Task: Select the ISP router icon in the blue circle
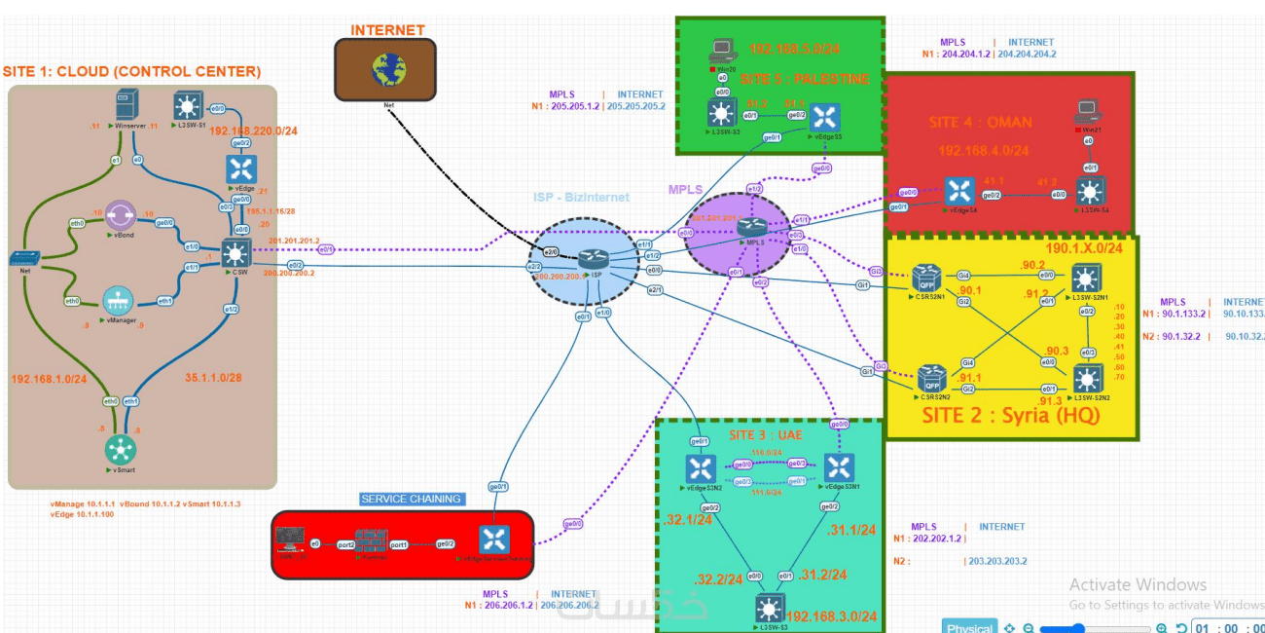tap(593, 259)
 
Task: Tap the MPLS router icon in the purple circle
tap(751, 227)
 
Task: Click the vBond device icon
tap(122, 216)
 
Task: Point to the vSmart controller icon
tap(122, 450)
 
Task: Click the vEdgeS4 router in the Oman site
tap(959, 191)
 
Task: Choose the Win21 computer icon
tap(1087, 111)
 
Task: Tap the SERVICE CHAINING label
tap(411, 499)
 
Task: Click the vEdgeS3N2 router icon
tap(700, 468)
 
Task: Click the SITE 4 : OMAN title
tap(981, 122)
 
